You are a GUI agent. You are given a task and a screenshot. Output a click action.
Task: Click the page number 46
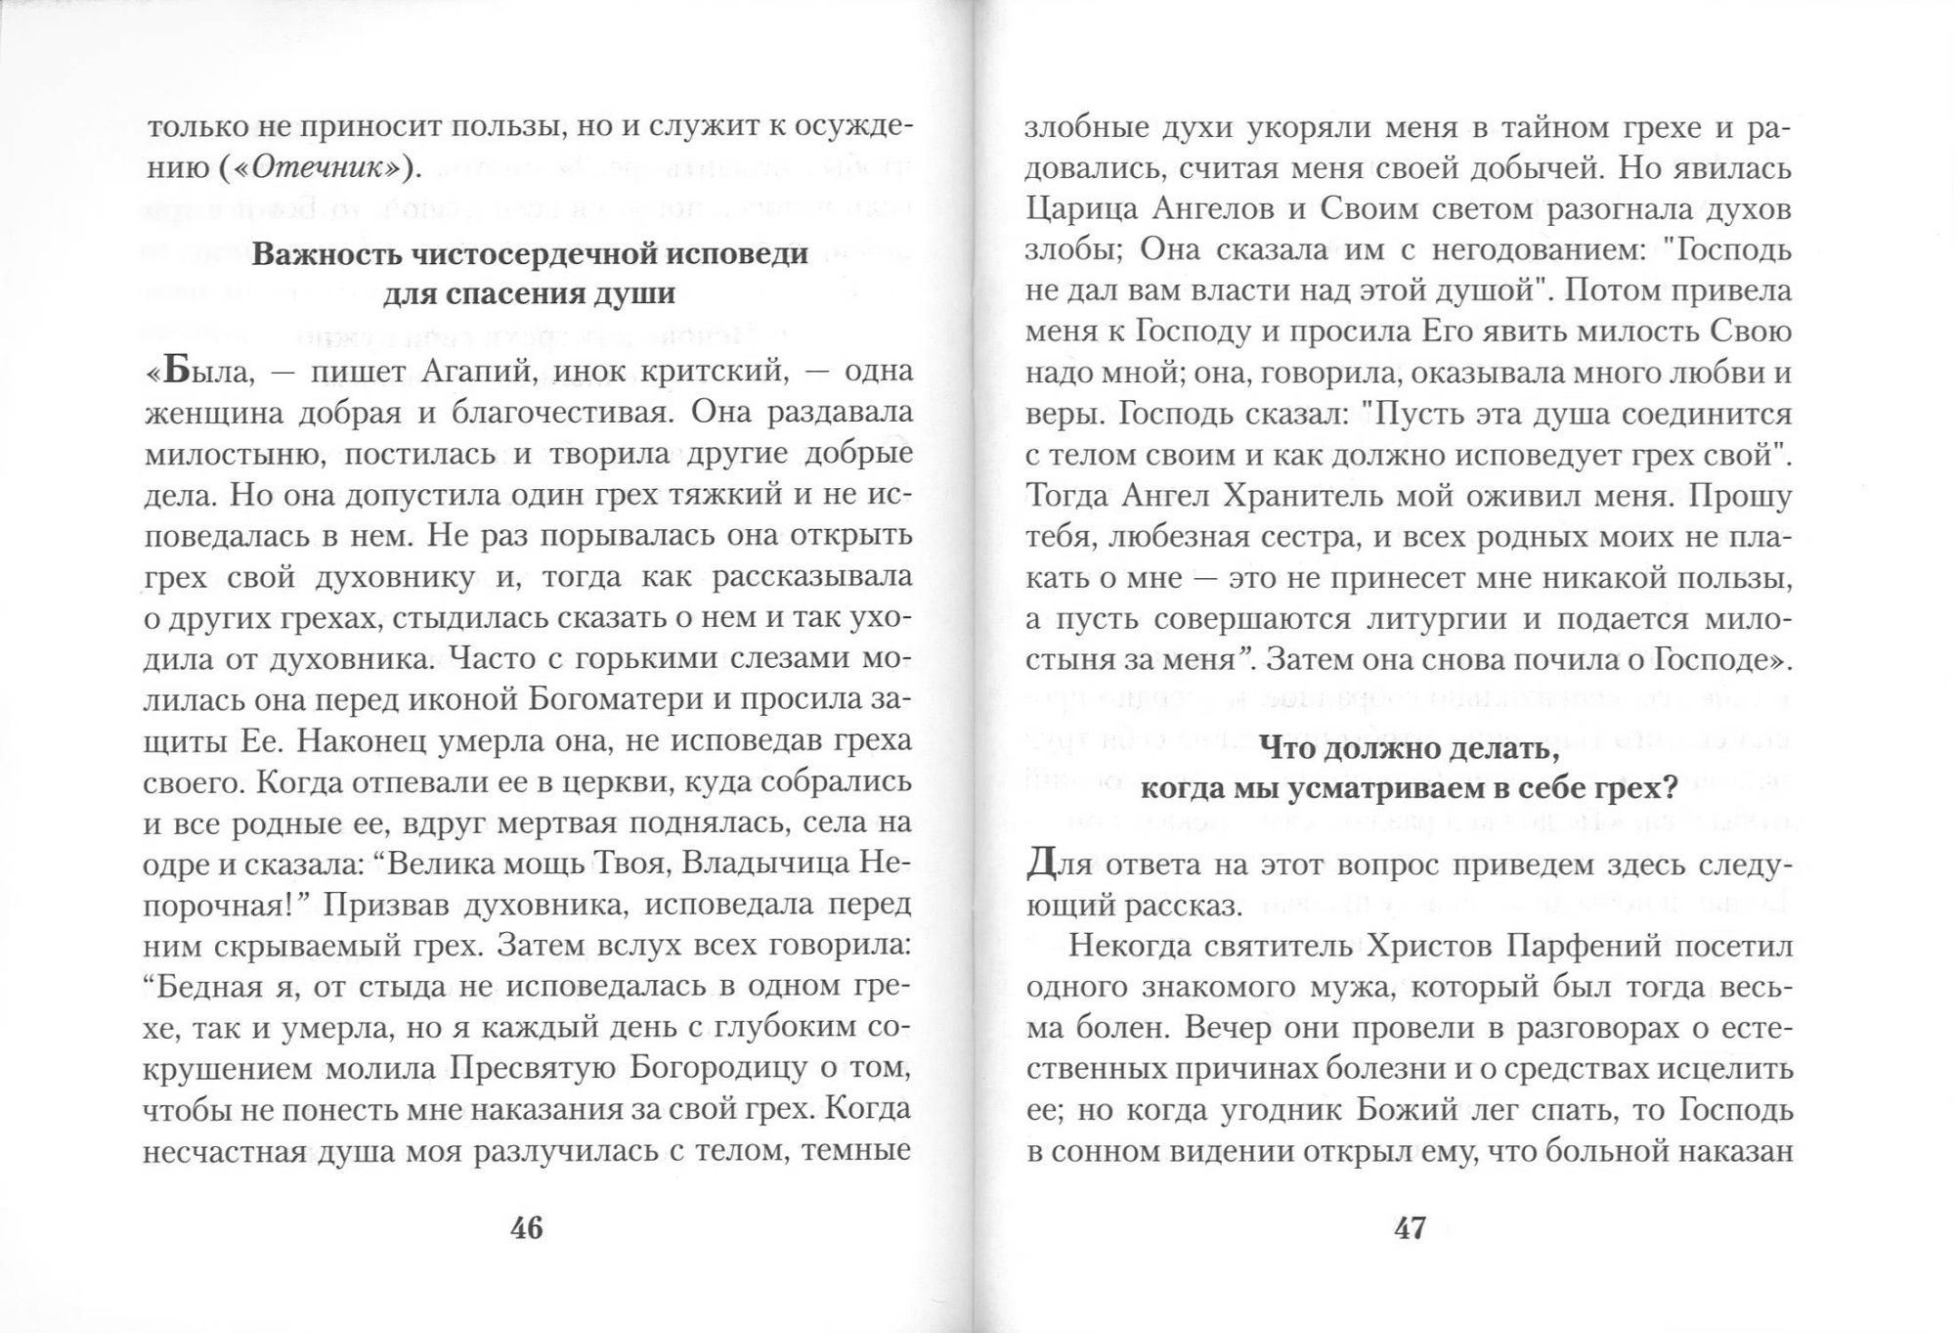(526, 1228)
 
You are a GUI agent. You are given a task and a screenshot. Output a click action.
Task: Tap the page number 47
(1409, 1228)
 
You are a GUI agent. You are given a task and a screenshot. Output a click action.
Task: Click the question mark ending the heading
(1670, 788)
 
